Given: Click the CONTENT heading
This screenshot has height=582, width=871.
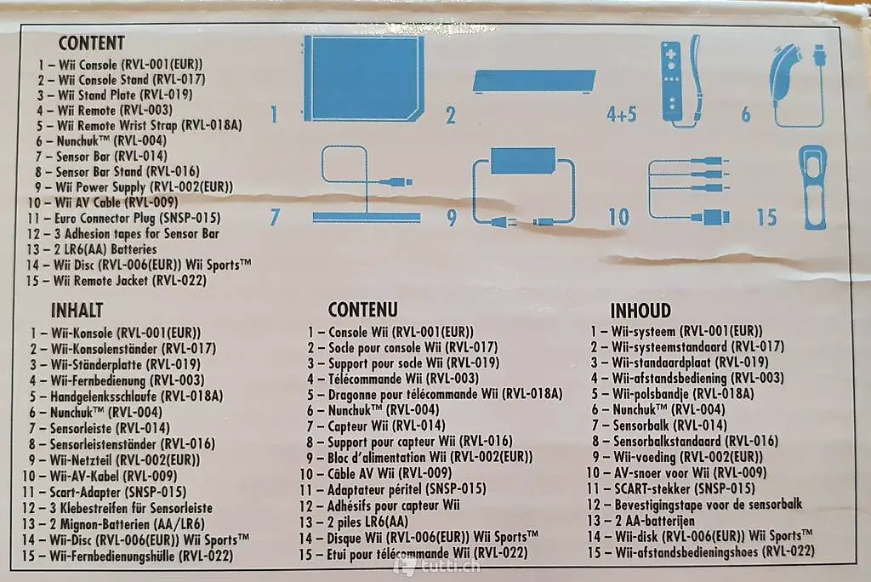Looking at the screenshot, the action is point(92,43).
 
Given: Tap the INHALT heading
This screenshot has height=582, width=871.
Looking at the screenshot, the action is point(77,311).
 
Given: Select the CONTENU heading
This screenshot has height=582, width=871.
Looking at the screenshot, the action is point(362,309).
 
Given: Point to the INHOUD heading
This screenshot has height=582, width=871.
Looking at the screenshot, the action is point(640,311).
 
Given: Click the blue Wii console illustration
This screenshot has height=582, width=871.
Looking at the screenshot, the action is point(364,78).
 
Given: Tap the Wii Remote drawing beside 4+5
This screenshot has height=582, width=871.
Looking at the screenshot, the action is point(671,83).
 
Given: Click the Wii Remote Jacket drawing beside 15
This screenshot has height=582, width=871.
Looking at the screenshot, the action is point(812,188).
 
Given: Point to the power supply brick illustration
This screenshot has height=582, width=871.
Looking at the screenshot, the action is point(523,161).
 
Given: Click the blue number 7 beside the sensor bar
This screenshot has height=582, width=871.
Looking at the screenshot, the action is point(275,217).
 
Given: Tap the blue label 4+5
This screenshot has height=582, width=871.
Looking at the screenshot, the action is point(622,115).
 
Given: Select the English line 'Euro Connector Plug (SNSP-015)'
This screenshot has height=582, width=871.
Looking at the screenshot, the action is point(137,218).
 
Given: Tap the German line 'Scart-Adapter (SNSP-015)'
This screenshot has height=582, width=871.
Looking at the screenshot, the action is point(117,492).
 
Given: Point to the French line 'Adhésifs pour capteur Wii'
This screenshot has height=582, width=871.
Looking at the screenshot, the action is point(393,505).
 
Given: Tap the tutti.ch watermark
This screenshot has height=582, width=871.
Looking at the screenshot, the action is point(436,567).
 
